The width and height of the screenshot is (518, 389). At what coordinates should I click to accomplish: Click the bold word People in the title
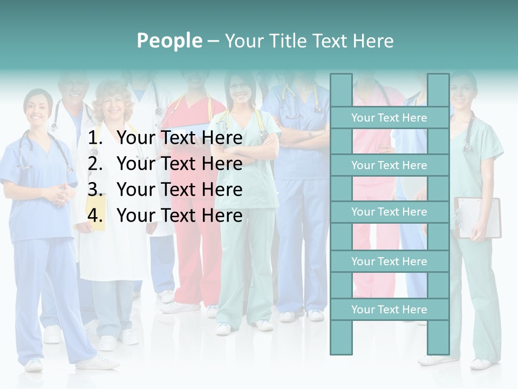(169, 41)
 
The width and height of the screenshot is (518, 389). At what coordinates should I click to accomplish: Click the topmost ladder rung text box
(389, 118)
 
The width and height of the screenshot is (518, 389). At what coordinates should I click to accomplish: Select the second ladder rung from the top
(389, 165)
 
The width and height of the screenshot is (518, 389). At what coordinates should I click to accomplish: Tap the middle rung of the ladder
(389, 212)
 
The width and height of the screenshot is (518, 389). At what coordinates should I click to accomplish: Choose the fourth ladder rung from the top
(389, 261)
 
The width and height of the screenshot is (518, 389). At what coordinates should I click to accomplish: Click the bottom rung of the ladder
(389, 310)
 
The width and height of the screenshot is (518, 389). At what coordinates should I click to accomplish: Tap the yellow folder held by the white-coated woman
(96, 216)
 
